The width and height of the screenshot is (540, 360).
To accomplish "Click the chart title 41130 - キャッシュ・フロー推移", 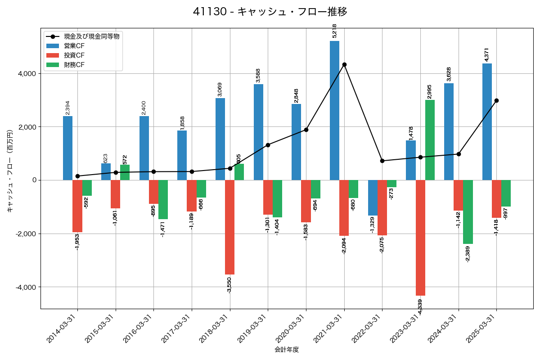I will click(270, 12).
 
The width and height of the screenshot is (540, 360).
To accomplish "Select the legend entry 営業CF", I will click(74, 46).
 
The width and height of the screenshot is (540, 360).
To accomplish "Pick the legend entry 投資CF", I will click(74, 55).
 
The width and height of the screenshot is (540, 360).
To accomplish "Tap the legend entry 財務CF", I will click(74, 65).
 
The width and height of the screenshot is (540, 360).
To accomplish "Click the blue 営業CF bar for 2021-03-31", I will click(334, 110).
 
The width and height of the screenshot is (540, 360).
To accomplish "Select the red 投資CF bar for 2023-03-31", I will click(420, 238).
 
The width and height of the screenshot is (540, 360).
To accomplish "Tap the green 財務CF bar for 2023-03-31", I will click(430, 140).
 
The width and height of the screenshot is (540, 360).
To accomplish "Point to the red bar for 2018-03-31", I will click(229, 227).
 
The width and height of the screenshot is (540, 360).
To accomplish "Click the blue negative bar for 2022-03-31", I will click(373, 198).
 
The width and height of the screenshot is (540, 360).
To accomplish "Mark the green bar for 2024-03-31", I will click(468, 212).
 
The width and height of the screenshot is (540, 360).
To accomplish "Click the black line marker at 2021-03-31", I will click(344, 64).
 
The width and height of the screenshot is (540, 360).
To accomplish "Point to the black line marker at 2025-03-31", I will click(496, 100).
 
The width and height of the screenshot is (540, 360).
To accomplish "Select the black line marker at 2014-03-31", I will click(77, 176).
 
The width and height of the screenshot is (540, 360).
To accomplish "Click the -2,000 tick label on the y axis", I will click(26, 234).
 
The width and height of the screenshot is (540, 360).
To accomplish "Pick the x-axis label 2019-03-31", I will click(252, 329).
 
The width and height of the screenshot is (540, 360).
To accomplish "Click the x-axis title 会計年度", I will click(287, 350).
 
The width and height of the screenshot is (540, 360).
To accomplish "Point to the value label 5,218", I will click(334, 31).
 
